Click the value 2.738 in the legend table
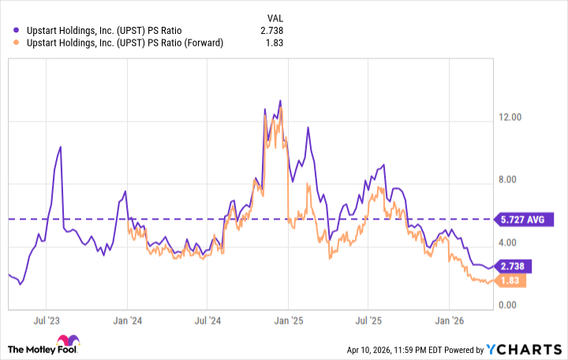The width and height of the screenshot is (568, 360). [x=271, y=31]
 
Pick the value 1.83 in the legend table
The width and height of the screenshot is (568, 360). [x=274, y=43]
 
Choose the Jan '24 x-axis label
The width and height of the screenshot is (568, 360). [x=127, y=321]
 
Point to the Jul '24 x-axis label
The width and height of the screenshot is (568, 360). [x=207, y=321]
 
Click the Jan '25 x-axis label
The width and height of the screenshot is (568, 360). [x=288, y=321]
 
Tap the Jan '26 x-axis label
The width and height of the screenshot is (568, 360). [x=449, y=321]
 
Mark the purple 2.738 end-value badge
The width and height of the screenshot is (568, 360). [x=511, y=266]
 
